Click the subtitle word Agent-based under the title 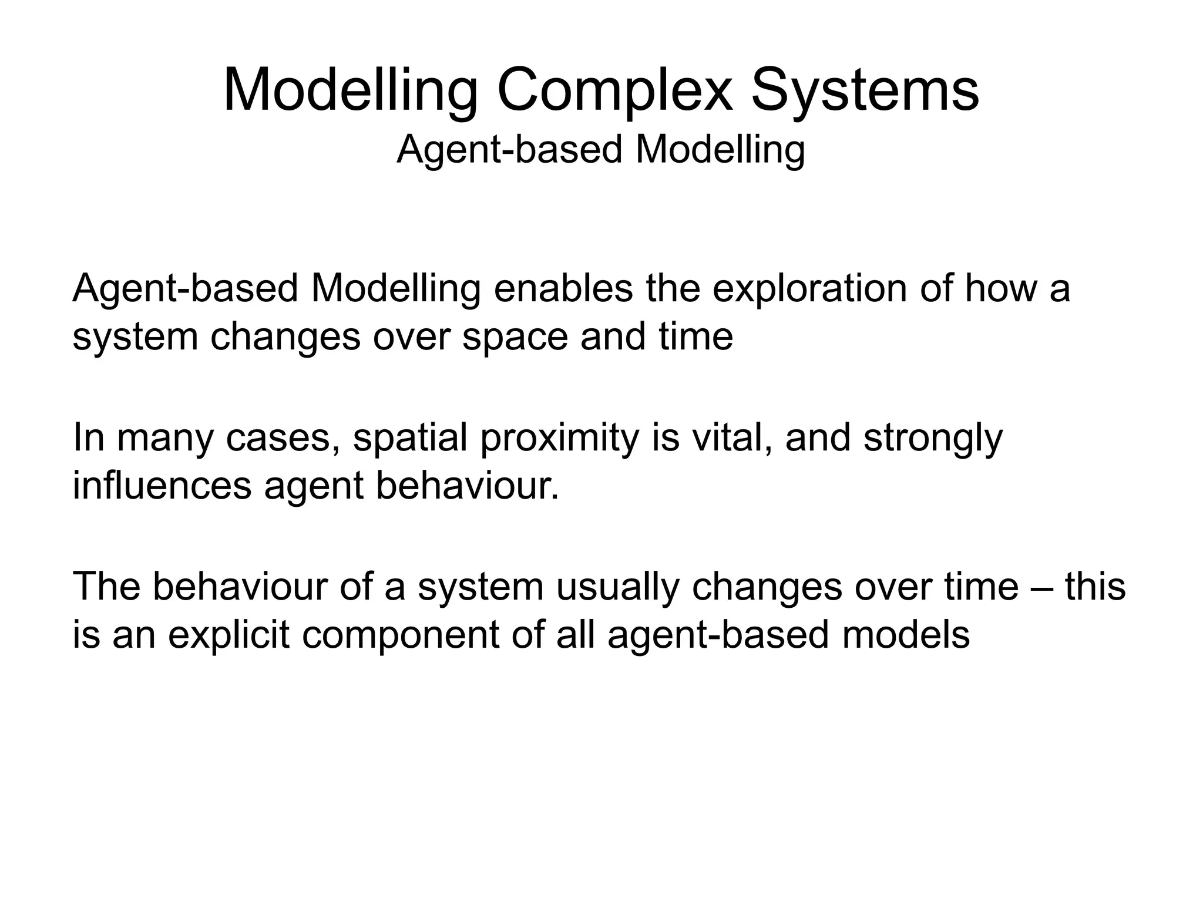(x=509, y=150)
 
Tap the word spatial (x=410, y=438)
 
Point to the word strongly (x=933, y=438)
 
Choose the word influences (x=162, y=486)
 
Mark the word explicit (x=229, y=635)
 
